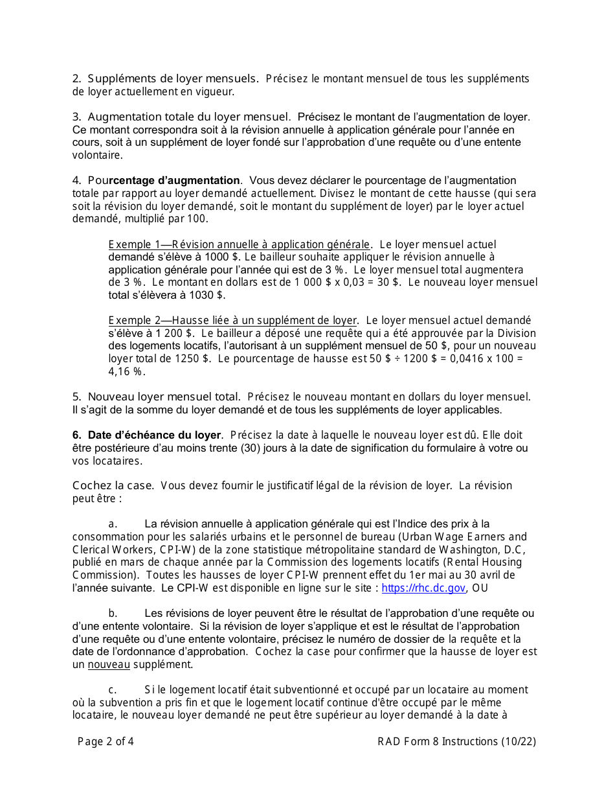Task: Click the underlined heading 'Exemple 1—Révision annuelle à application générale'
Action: pos(239,244)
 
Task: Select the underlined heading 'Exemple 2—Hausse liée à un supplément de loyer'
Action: pos(232,320)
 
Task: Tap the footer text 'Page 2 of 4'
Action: pos(106,742)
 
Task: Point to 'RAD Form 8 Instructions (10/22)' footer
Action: pos(456,742)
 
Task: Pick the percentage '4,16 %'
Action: pos(126,371)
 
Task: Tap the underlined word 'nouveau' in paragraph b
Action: pos(109,665)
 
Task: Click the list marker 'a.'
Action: pos(113,524)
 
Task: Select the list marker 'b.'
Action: pos(113,613)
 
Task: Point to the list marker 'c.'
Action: pos(113,690)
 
